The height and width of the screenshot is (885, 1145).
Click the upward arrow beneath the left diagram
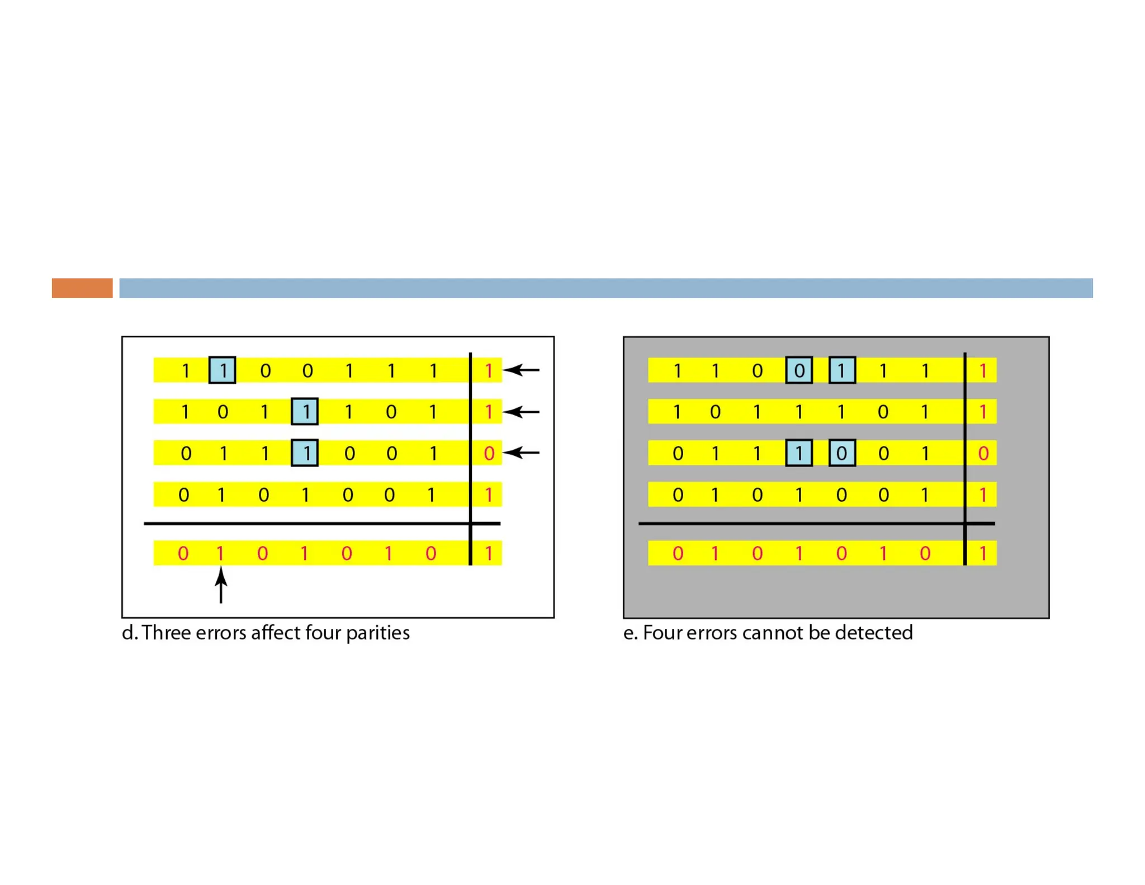pos(221,585)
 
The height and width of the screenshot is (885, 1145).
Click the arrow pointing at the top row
pos(521,370)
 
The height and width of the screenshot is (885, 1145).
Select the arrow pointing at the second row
pos(521,412)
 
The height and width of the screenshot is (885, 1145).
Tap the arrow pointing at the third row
pos(521,452)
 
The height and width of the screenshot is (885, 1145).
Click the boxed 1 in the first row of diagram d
pos(222,370)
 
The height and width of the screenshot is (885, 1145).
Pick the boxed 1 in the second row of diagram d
pos(305,412)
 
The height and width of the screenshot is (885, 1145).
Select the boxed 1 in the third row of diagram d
pos(305,453)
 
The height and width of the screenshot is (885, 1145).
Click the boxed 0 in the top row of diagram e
pos(799,370)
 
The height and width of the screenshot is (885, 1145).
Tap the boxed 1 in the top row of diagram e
pos(842,370)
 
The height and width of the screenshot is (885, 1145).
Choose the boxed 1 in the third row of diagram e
pos(799,453)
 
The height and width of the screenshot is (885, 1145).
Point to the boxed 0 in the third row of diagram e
pos(842,453)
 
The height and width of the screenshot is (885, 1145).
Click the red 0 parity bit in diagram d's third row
pos(489,453)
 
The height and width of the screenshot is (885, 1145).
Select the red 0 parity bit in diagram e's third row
pos(983,453)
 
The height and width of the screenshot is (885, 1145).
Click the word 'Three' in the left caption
pos(165,633)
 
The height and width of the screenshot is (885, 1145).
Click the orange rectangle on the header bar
pos(82,288)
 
